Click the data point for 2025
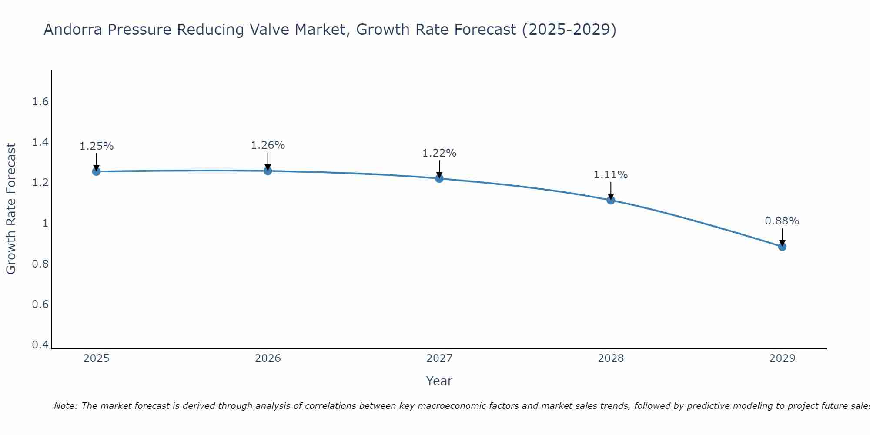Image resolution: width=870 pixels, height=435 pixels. pyautogui.click(x=96, y=171)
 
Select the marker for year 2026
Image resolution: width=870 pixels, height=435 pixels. pyautogui.click(x=268, y=171)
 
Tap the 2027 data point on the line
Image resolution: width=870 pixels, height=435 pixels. pyautogui.click(x=439, y=178)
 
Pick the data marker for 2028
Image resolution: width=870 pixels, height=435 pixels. pyautogui.click(x=611, y=200)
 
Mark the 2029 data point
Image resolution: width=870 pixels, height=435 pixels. pyautogui.click(x=782, y=247)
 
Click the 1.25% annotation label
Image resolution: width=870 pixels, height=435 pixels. pyautogui.click(x=96, y=146)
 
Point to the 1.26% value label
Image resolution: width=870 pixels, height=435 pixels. pyautogui.click(x=268, y=145)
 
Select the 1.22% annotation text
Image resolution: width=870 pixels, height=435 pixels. pyautogui.click(x=439, y=153)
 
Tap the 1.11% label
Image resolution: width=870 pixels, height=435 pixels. pyautogui.click(x=611, y=175)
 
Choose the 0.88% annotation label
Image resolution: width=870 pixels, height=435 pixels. pyautogui.click(x=782, y=221)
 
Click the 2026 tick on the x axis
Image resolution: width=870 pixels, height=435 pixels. pyautogui.click(x=268, y=358)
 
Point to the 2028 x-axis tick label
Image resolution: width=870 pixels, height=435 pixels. pyautogui.click(x=611, y=358)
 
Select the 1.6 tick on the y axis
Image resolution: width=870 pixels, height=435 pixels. pyautogui.click(x=40, y=102)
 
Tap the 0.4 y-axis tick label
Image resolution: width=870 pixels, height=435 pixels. pyautogui.click(x=40, y=345)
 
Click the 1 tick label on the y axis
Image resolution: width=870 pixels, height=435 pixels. pyautogui.click(x=45, y=223)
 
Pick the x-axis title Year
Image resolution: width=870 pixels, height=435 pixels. pyautogui.click(x=439, y=381)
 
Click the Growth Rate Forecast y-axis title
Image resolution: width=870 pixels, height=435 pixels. pyautogui.click(x=11, y=209)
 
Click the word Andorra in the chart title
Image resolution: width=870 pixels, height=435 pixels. pyautogui.click(x=73, y=30)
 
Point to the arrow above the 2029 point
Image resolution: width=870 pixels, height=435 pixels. pyautogui.click(x=782, y=237)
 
